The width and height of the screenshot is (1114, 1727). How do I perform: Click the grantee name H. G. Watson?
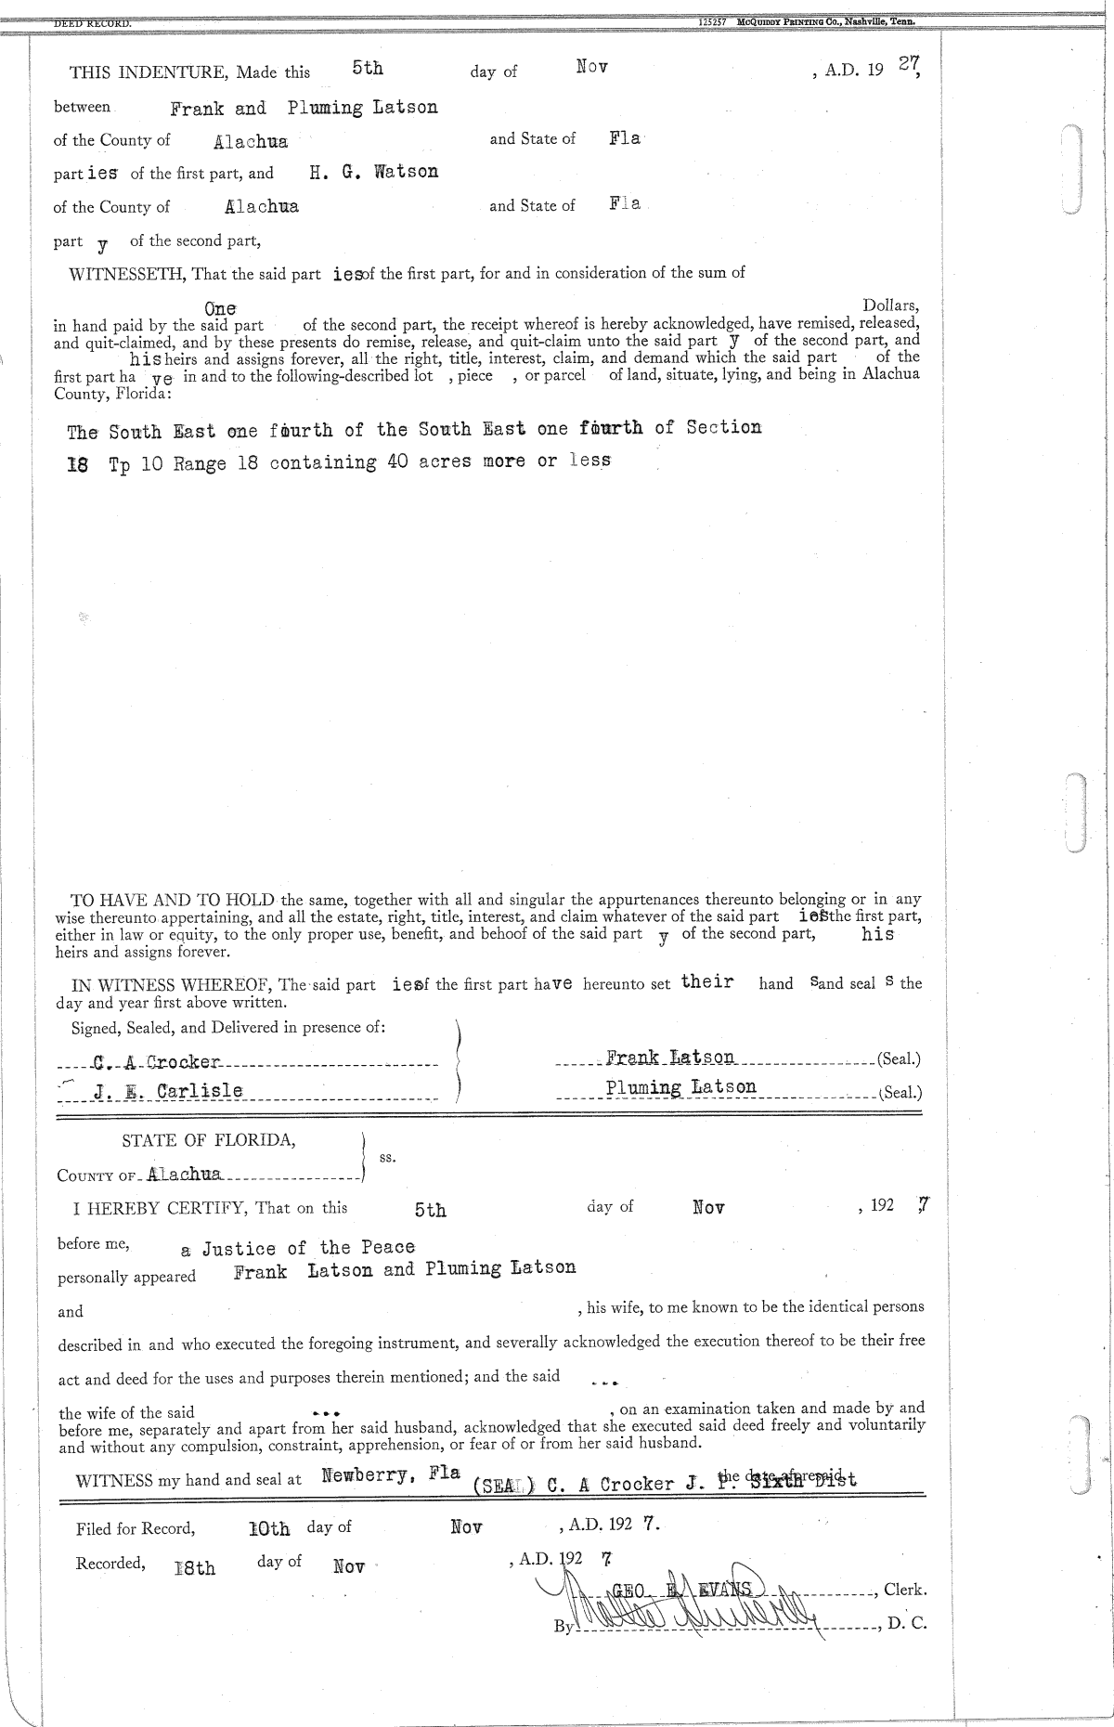(373, 172)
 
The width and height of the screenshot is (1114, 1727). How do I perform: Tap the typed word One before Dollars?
(220, 308)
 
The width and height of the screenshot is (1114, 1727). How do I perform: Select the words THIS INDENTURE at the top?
(149, 72)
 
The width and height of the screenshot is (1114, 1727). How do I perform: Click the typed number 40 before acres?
(397, 461)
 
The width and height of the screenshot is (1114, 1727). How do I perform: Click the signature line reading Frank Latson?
(670, 1058)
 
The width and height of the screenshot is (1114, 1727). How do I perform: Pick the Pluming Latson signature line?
(680, 1087)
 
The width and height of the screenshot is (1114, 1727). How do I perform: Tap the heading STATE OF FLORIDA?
(209, 1140)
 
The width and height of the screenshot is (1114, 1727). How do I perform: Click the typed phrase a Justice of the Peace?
(297, 1248)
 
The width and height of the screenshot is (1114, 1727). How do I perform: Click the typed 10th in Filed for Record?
(269, 1528)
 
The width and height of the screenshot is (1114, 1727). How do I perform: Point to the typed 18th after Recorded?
(195, 1567)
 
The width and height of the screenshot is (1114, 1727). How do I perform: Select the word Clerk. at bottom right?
(904, 1590)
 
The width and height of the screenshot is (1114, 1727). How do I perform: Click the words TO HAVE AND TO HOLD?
(173, 899)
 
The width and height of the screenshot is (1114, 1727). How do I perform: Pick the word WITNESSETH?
(128, 274)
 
